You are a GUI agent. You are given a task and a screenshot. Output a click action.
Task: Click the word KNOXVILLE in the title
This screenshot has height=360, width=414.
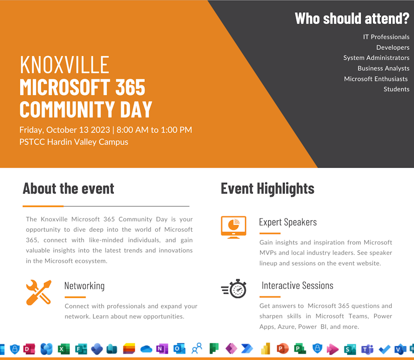coord(64,64)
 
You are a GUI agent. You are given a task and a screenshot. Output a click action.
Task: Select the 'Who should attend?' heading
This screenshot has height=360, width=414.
coord(352,18)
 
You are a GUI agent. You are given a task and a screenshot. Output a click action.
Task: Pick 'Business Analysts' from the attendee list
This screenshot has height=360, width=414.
coord(383,69)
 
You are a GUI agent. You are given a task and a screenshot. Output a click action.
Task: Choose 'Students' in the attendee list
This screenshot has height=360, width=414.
coord(396,90)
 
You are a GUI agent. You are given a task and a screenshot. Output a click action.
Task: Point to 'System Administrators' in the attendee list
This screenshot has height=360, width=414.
coord(376,58)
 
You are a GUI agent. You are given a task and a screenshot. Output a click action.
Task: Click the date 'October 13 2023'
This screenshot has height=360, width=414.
coord(78,130)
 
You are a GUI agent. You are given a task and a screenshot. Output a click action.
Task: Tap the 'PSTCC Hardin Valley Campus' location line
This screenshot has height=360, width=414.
coord(74,142)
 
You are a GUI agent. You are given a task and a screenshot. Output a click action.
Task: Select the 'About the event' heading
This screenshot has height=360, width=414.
coord(69,189)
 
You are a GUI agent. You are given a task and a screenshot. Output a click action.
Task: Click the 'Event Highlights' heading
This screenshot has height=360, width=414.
coord(267,189)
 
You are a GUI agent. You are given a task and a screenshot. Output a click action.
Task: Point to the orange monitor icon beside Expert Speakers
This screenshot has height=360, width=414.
coord(233,227)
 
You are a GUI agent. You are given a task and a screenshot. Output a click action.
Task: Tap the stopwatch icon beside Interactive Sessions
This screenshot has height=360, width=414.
coord(234,288)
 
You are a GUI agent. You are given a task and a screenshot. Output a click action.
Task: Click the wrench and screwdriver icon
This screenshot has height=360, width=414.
coord(39,292)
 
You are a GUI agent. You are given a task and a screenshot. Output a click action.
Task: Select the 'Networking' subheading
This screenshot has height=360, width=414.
coord(85,286)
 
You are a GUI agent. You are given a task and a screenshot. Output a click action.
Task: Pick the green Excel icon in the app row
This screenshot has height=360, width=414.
coord(63,349)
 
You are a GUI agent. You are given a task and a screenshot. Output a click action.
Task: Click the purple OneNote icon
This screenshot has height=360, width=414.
coord(162,349)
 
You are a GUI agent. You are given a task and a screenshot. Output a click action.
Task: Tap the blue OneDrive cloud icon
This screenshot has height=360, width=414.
coord(146,350)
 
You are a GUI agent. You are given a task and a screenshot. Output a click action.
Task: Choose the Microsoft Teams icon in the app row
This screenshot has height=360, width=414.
coord(367,349)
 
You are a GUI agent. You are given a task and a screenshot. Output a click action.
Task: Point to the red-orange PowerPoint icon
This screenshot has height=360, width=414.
coord(282,349)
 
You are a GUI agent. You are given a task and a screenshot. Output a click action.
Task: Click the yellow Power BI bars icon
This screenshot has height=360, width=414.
coord(265,349)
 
